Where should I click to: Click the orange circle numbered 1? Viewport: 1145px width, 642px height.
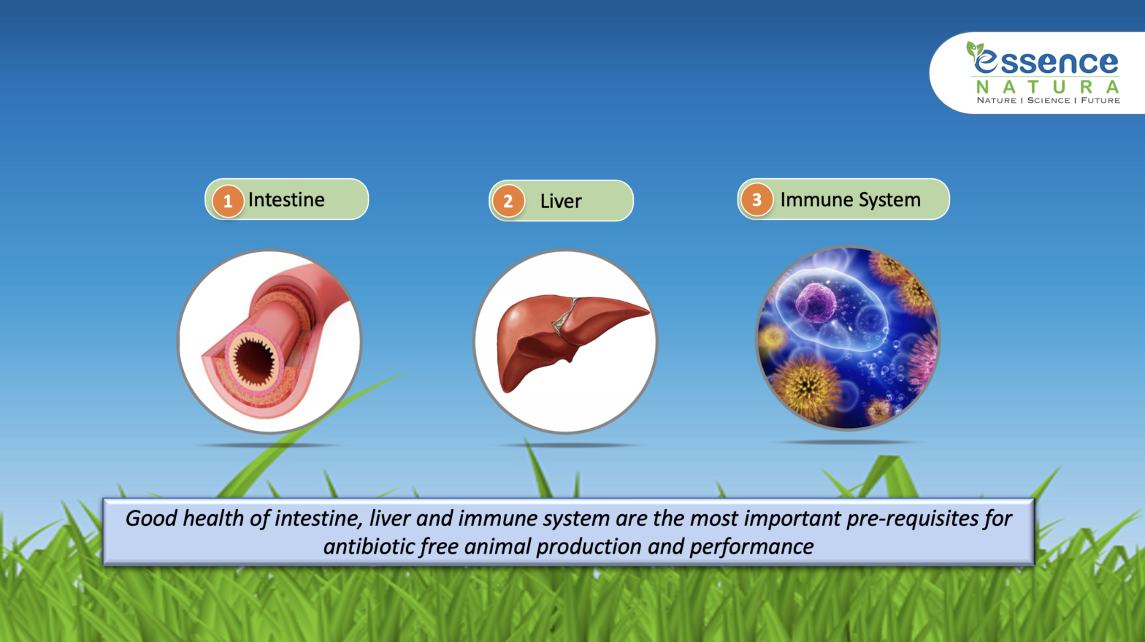click(x=228, y=201)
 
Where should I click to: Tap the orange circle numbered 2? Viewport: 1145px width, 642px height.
click(x=508, y=202)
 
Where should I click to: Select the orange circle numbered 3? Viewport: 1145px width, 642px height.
click(x=757, y=199)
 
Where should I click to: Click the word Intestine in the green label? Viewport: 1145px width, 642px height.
click(x=286, y=199)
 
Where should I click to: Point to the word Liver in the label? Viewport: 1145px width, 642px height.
click(x=561, y=201)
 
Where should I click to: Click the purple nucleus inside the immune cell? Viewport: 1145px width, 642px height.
click(x=815, y=304)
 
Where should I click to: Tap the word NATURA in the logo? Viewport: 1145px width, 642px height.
click(x=1047, y=87)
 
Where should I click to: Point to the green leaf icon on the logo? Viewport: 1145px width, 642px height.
click(x=975, y=50)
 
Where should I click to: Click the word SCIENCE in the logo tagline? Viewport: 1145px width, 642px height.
click(x=1049, y=100)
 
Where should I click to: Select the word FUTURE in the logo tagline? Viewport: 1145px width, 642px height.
click(x=1100, y=100)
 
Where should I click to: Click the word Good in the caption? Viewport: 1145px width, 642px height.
click(x=151, y=519)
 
